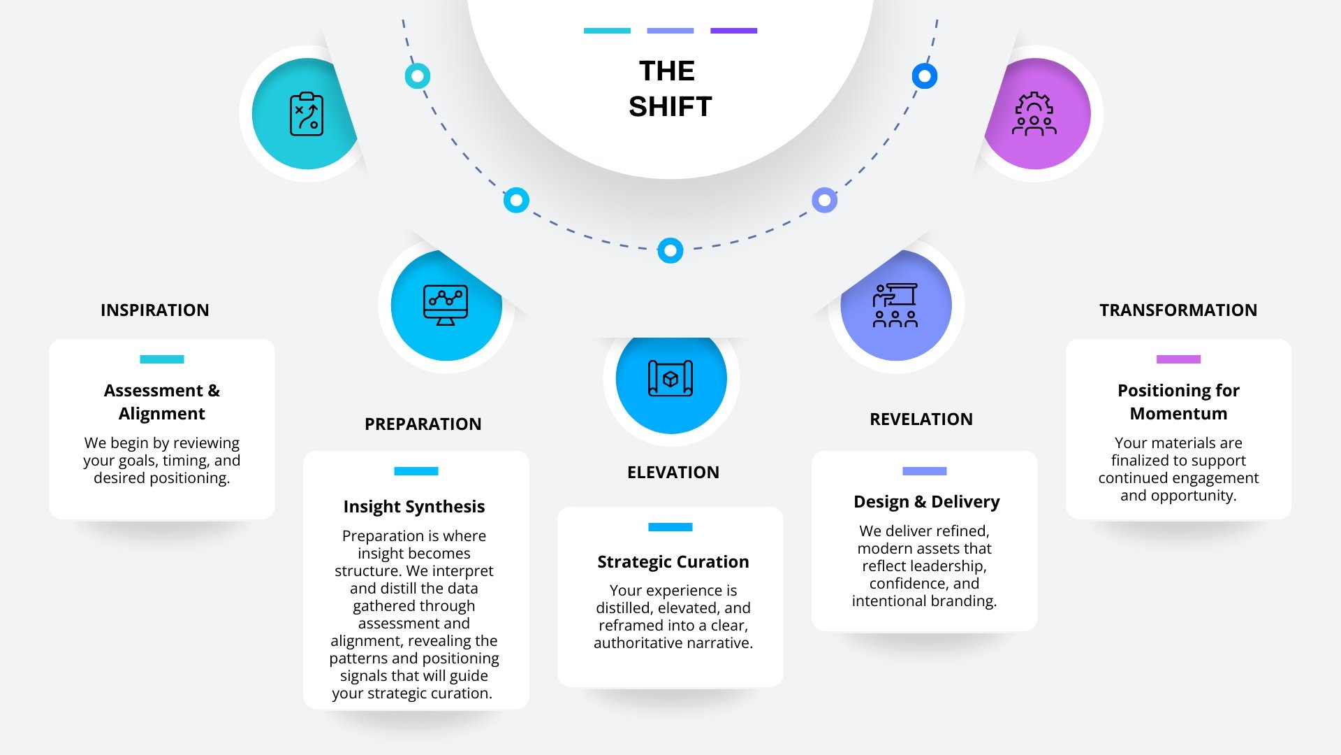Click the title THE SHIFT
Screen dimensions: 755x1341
669,89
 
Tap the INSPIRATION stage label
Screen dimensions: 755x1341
154,310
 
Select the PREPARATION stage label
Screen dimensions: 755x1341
423,424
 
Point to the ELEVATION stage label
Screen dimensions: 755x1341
673,472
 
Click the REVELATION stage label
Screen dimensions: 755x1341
921,419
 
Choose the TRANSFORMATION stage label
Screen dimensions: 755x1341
1178,310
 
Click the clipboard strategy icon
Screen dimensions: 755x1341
307,114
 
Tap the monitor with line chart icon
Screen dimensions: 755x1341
446,305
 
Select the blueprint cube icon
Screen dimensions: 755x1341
670,378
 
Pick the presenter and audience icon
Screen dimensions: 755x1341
895,305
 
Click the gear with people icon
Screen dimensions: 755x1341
1034,114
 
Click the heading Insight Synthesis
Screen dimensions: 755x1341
413,506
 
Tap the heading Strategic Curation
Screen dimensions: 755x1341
673,561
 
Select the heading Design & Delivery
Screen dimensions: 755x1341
926,501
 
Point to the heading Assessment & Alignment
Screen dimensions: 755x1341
161,401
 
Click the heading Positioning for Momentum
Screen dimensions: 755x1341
1178,401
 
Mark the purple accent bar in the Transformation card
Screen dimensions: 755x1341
1178,359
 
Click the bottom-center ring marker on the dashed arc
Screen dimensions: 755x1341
670,250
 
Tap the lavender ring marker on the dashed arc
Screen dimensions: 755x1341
824,201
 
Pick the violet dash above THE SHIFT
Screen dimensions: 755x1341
733,31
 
